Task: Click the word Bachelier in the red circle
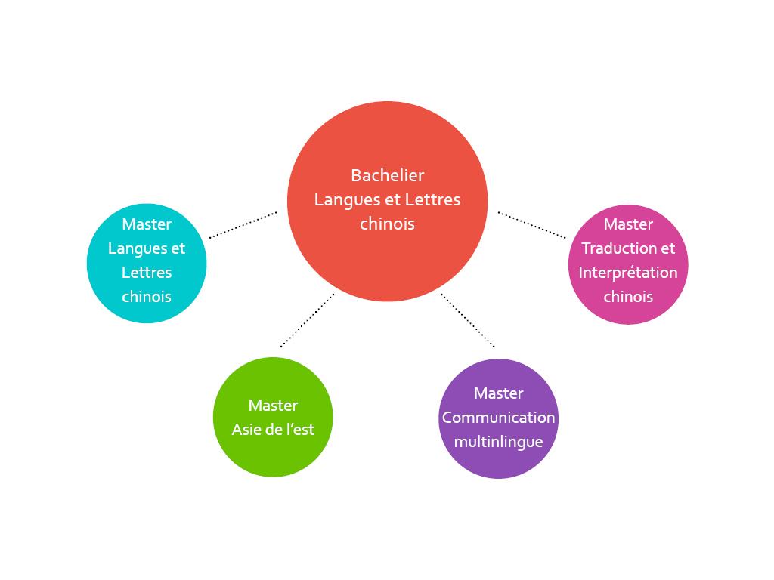tap(387, 175)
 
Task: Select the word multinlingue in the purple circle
tap(498, 442)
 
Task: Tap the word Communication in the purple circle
tap(498, 418)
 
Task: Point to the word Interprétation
tap(628, 273)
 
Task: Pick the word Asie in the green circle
tap(246, 430)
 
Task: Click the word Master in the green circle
tap(273, 406)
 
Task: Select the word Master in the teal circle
tap(147, 224)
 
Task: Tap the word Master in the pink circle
tap(628, 224)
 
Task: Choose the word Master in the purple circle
tap(498, 393)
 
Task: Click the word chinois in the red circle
tap(387, 224)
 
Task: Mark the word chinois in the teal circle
tap(147, 297)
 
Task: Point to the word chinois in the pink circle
tap(628, 297)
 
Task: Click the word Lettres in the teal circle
tap(147, 273)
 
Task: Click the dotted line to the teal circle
tap(243, 225)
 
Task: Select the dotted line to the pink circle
tap(531, 225)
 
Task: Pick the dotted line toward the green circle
tap(307, 320)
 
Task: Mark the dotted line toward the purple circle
tap(468, 320)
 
